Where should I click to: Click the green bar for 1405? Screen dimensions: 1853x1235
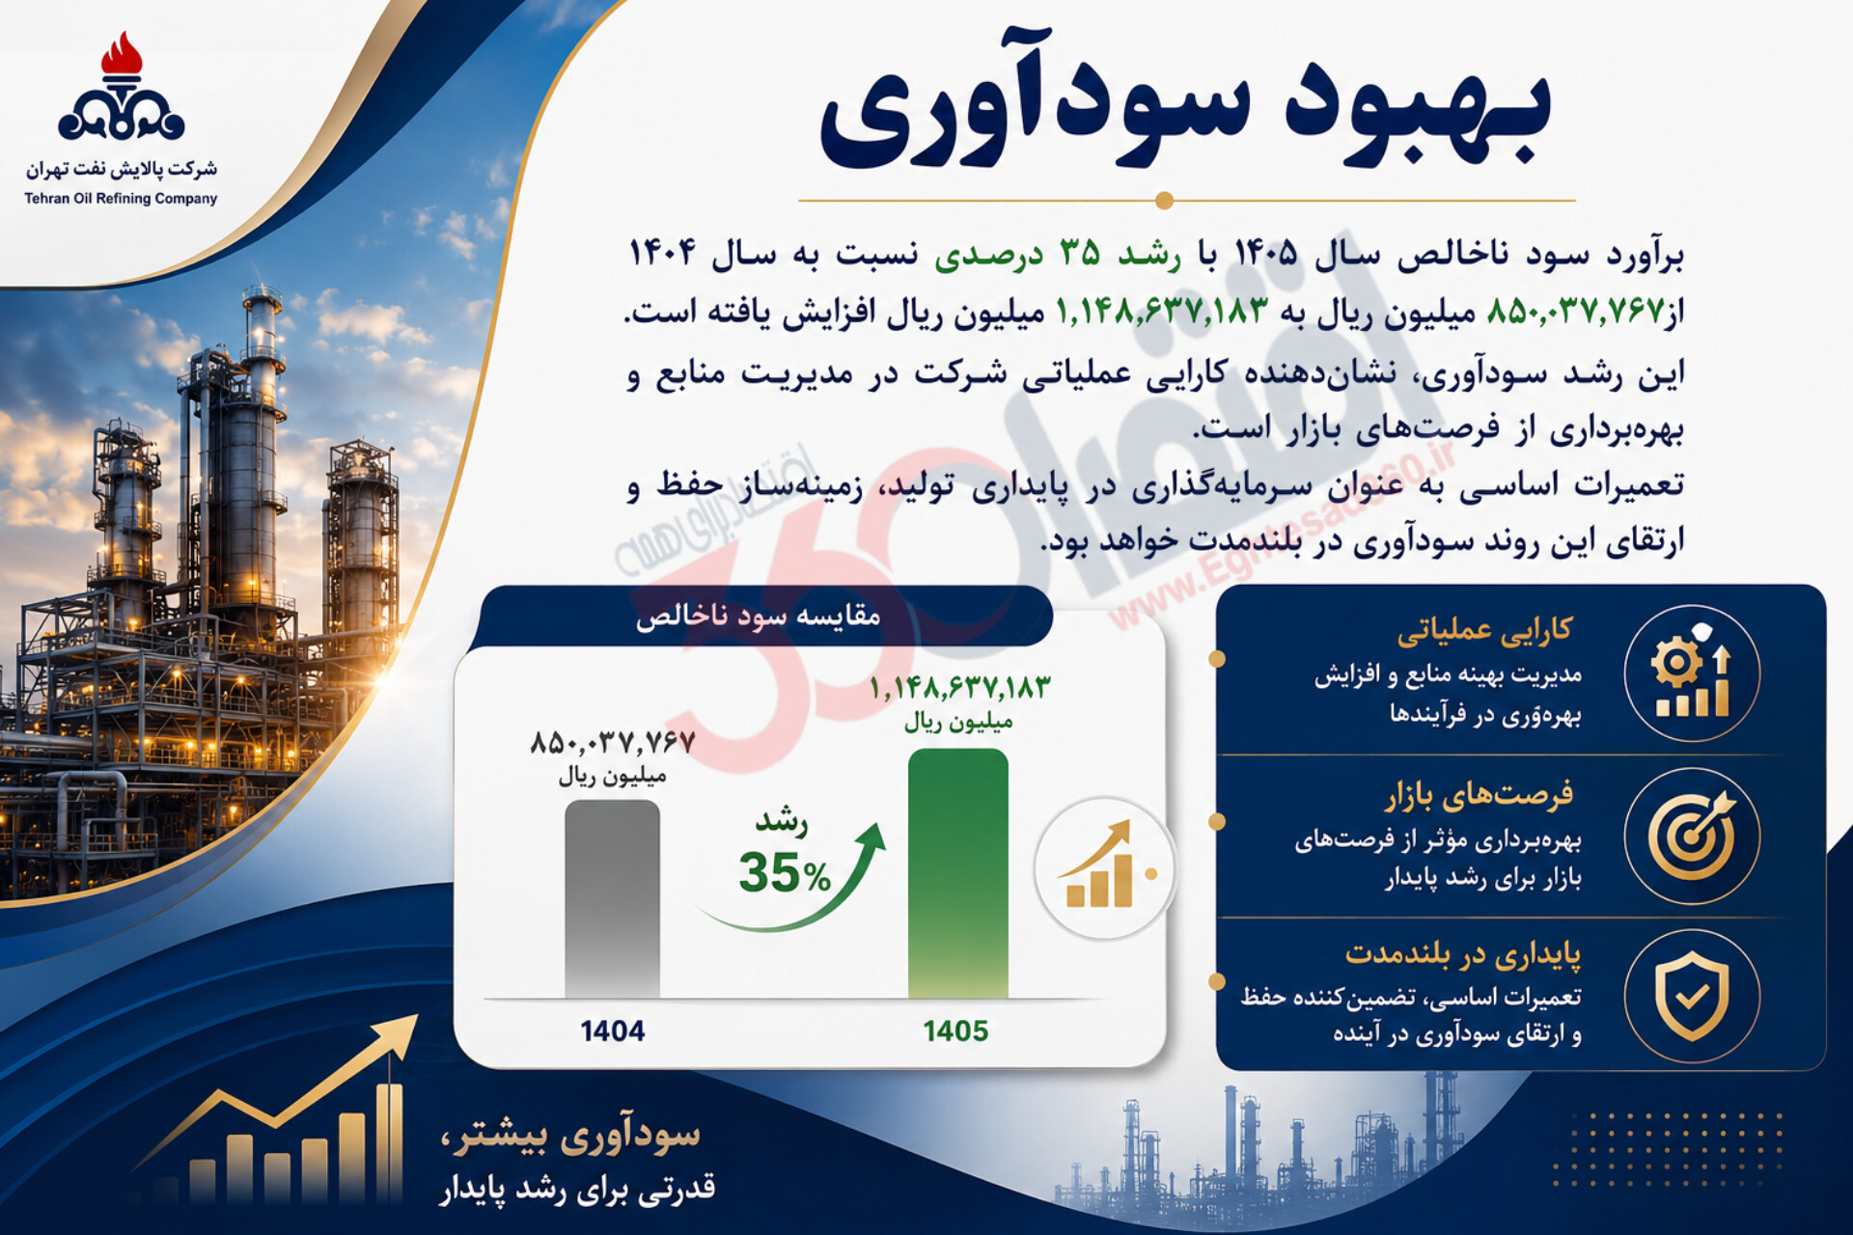click(x=957, y=873)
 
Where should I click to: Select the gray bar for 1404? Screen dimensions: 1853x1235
click(x=612, y=898)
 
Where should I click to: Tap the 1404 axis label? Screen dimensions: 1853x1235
click(x=612, y=1030)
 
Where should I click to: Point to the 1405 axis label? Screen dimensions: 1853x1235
click(x=955, y=1030)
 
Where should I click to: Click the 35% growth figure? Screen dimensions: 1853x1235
click(x=784, y=872)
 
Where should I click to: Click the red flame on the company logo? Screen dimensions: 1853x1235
click(x=122, y=57)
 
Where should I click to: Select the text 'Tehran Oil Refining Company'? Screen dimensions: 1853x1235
click(x=121, y=199)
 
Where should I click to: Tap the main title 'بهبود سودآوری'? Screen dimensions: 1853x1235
click(x=1185, y=114)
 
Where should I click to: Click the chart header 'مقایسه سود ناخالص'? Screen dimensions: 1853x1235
click(x=758, y=616)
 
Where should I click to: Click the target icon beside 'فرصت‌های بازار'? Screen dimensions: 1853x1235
click(x=1692, y=836)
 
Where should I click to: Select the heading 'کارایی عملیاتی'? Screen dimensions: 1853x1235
click(x=1484, y=631)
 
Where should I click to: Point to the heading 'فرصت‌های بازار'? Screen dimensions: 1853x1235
click(x=1480, y=795)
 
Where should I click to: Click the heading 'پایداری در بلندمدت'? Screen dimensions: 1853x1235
click(x=1463, y=955)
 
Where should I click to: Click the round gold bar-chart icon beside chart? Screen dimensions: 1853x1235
click(x=1106, y=868)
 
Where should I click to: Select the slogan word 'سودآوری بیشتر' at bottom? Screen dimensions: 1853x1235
click(x=569, y=1137)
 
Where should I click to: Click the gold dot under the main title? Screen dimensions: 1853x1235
click(x=1164, y=201)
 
